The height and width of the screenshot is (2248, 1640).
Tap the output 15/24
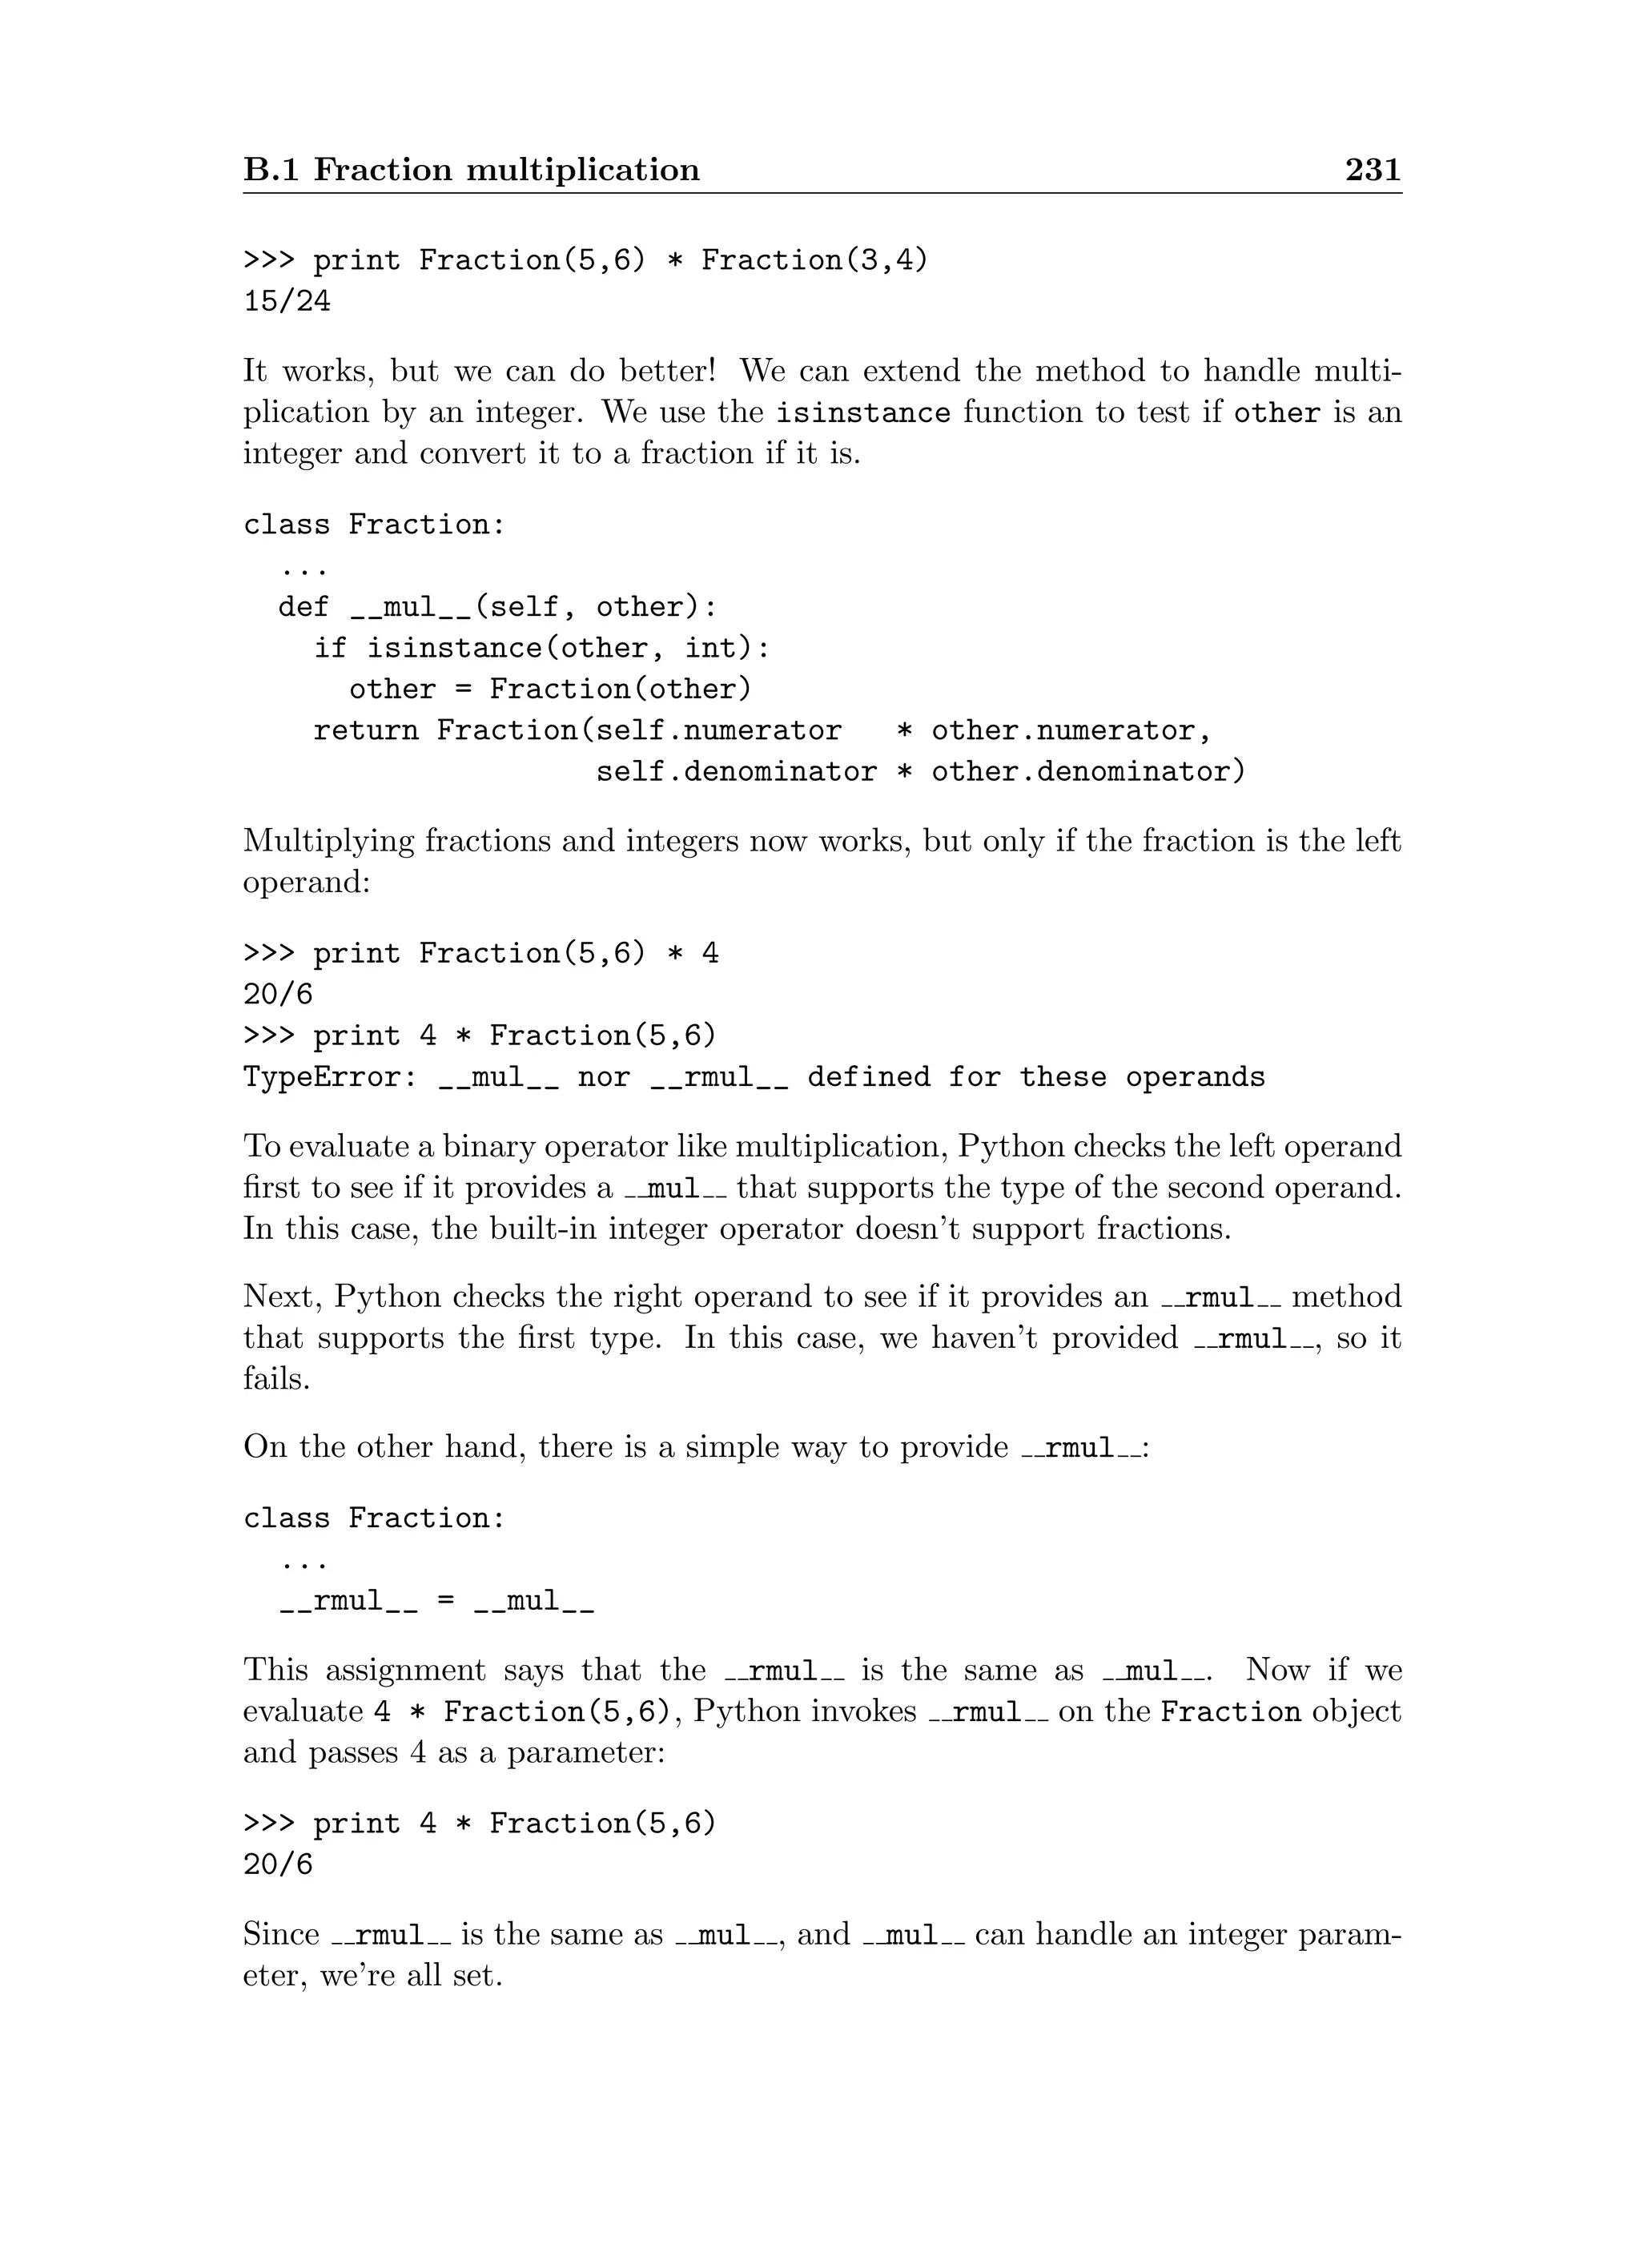[x=287, y=302]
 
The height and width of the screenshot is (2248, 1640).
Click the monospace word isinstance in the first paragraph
[x=862, y=413]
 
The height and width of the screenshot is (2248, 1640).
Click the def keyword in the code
[x=303, y=608]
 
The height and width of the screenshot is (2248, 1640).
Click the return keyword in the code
[x=365, y=732]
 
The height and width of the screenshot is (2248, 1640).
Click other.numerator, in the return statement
[x=1071, y=732]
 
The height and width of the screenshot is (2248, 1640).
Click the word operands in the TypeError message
[x=1196, y=1078]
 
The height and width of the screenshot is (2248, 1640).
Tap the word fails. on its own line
[x=277, y=1379]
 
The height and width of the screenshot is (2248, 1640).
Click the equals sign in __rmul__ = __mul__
[x=446, y=1603]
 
